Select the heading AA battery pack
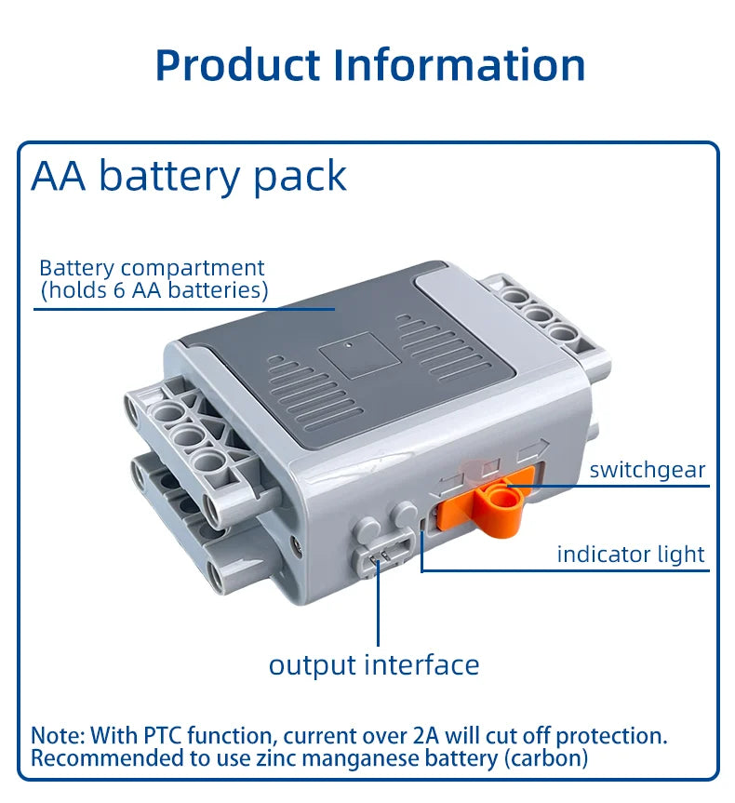[189, 176]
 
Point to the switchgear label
[648, 470]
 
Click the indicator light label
[631, 555]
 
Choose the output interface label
[374, 665]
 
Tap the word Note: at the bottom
[58, 735]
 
